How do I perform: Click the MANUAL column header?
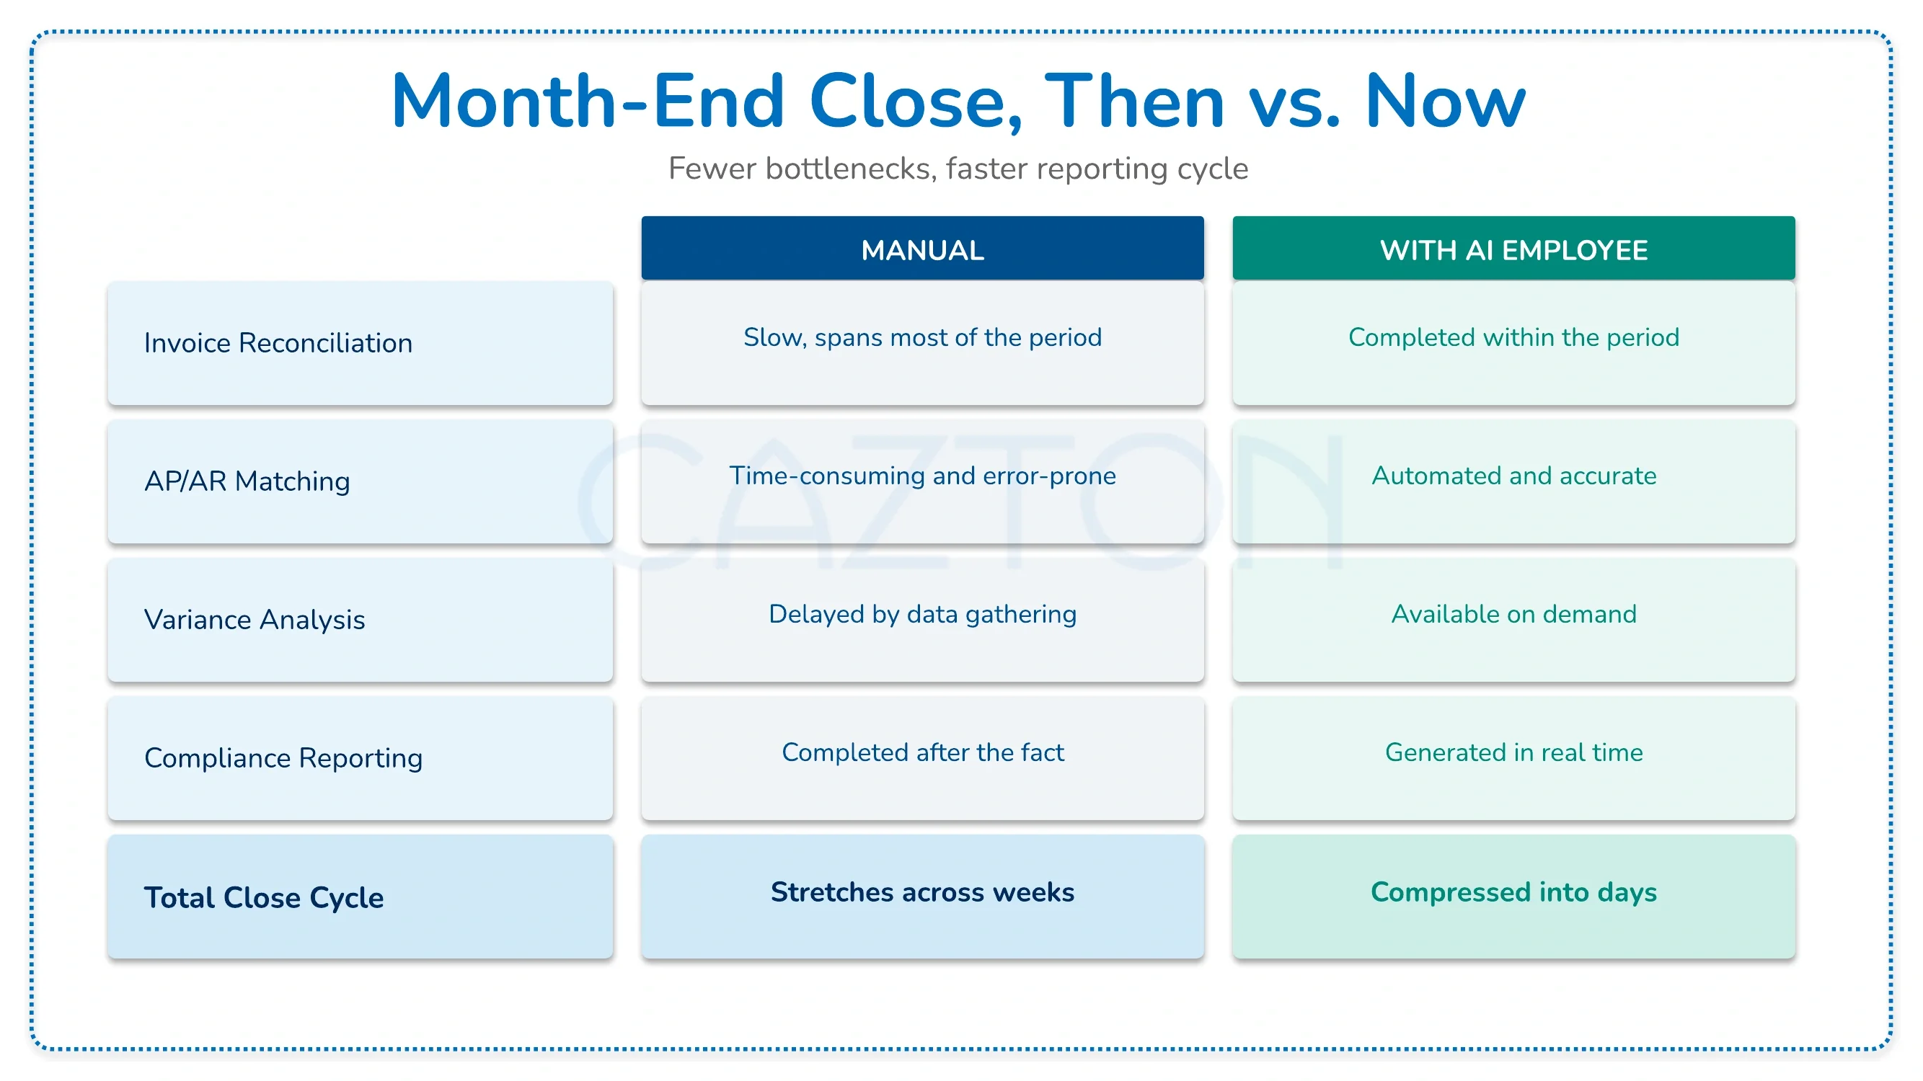tap(922, 249)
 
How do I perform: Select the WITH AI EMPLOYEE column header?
tap(1513, 249)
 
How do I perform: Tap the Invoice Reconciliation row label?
tap(360, 343)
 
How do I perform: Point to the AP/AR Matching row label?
tap(360, 481)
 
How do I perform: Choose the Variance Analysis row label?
tap(360, 620)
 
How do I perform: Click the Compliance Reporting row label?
tap(360, 758)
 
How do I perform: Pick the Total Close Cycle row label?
tap(360, 897)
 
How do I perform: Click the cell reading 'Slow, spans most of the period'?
tap(922, 343)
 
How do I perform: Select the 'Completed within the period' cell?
tap(1513, 343)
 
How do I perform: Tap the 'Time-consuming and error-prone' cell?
tap(922, 481)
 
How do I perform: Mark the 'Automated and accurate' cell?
tap(1513, 481)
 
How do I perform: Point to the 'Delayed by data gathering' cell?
tap(922, 620)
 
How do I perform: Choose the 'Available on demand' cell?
tap(1513, 620)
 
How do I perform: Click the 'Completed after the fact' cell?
tap(922, 758)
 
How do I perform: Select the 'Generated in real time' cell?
tap(1513, 758)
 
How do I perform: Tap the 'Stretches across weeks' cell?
tap(922, 897)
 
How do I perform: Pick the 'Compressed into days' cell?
tap(1513, 897)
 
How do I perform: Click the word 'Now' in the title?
tap(1444, 102)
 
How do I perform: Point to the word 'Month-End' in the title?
tap(588, 102)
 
